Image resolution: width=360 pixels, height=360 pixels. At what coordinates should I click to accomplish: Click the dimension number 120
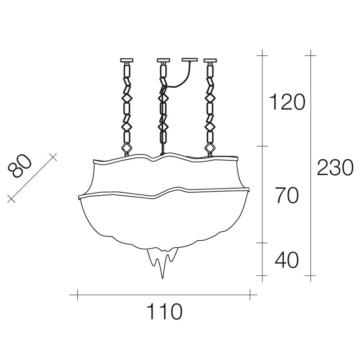coord(287,102)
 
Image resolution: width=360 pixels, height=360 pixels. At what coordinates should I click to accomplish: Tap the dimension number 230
coord(335,167)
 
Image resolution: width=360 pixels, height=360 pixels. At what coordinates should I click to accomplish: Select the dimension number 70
coord(287,195)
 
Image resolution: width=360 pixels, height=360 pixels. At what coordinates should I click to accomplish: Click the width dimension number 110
coord(164,311)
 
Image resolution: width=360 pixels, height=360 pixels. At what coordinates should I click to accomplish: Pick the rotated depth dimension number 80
coord(19,166)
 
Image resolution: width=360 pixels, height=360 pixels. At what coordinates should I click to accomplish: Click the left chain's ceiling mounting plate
coord(127,60)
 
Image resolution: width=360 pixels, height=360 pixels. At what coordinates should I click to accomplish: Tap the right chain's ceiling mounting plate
coord(210,60)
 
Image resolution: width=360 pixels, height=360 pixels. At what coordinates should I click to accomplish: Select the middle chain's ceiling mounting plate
coord(163,60)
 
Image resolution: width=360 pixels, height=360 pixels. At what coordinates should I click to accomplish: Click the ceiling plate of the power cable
coord(189,60)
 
